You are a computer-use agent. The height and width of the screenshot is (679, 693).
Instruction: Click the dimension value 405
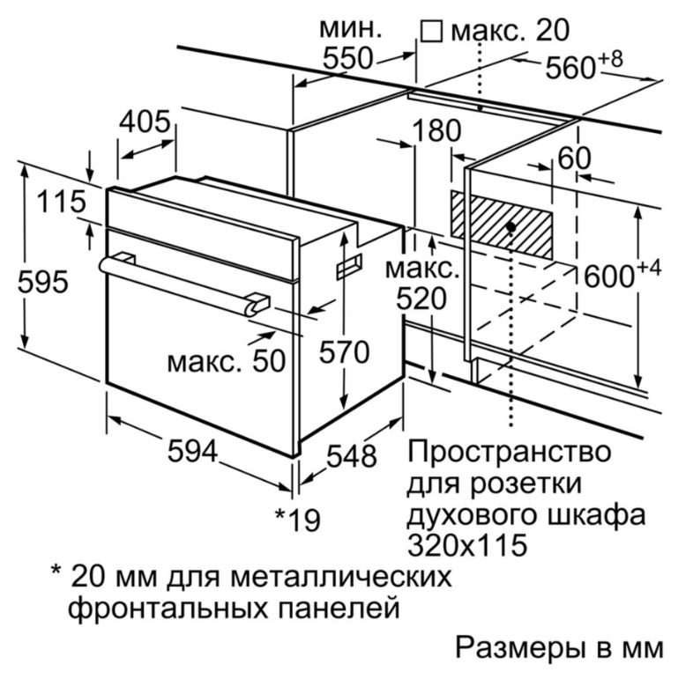(145, 122)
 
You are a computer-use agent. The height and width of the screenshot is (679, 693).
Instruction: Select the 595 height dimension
(43, 282)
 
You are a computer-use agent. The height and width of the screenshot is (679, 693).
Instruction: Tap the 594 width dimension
(193, 451)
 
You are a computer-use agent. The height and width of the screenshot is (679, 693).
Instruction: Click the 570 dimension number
(344, 352)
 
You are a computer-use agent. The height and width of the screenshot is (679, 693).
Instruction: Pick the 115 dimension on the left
(61, 202)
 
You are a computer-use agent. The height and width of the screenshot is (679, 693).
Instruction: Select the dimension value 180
(436, 130)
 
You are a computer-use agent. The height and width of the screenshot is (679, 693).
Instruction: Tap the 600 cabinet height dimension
(622, 274)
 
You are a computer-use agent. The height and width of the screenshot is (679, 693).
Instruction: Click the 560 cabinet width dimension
(584, 65)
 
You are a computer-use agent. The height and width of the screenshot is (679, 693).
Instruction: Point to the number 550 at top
(348, 58)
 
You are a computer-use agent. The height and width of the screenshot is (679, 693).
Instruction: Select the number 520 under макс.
(421, 299)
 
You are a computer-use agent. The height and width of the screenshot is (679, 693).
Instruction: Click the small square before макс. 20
(431, 32)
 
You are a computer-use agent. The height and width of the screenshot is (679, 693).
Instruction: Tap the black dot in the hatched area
(511, 227)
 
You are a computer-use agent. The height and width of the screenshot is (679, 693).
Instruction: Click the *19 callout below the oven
(297, 520)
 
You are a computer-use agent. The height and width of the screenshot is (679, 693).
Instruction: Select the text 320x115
(467, 545)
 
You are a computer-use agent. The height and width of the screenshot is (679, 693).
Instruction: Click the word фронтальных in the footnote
(168, 609)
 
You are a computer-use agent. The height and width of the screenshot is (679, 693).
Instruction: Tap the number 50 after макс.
(268, 361)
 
